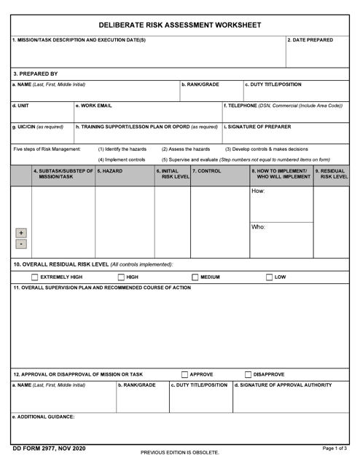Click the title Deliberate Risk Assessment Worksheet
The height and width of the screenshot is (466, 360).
click(179, 25)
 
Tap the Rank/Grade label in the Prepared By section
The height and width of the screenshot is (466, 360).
click(200, 85)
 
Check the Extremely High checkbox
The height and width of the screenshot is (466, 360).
click(34, 277)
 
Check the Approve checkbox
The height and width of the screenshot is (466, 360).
click(185, 374)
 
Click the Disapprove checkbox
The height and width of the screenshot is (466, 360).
click(249, 374)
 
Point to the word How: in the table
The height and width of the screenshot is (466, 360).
click(258, 191)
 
